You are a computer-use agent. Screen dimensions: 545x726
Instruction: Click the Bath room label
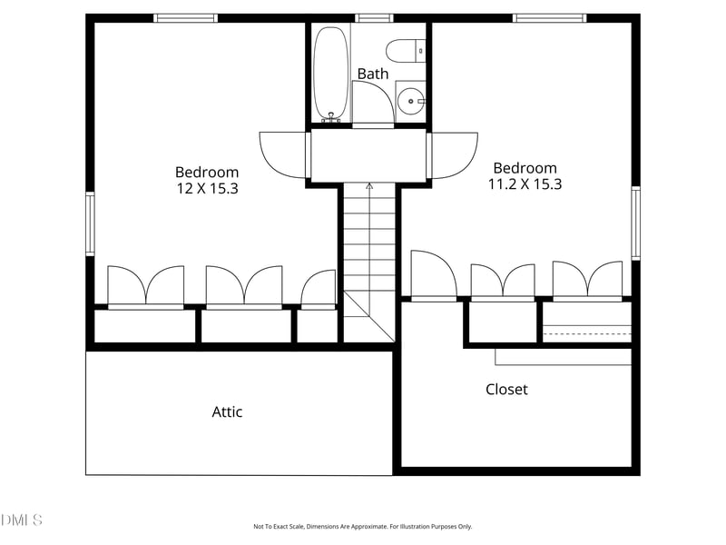pyautogui.click(x=372, y=74)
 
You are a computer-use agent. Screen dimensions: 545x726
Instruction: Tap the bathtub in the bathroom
pyautogui.click(x=331, y=73)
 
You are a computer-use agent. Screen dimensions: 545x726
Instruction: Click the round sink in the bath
pyautogui.click(x=412, y=101)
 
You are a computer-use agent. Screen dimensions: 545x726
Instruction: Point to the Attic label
pyautogui.click(x=227, y=411)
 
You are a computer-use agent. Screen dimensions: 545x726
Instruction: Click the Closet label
pyautogui.click(x=506, y=389)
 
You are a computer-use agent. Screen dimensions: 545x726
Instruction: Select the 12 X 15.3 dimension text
pyautogui.click(x=207, y=188)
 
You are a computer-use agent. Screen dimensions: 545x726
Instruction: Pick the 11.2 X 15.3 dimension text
pyautogui.click(x=526, y=183)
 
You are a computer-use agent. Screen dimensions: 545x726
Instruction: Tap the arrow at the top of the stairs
pyautogui.click(x=369, y=186)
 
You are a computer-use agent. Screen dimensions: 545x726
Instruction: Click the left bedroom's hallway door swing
pyautogui.click(x=284, y=155)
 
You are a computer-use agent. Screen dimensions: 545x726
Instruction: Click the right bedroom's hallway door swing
pyautogui.click(x=454, y=155)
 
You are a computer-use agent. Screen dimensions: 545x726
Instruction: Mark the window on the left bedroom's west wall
pyautogui.click(x=90, y=223)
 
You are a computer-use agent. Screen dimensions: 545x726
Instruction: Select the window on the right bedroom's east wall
pyautogui.click(x=635, y=223)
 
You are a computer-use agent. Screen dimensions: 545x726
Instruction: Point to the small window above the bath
pyautogui.click(x=373, y=17)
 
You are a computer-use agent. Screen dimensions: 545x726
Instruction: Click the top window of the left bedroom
pyautogui.click(x=185, y=17)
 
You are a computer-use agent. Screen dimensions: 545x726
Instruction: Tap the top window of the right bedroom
pyautogui.click(x=549, y=17)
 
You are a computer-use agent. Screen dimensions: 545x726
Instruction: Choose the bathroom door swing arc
pyautogui.click(x=371, y=103)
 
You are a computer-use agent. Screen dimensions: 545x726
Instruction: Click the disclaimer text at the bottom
pyautogui.click(x=362, y=526)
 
